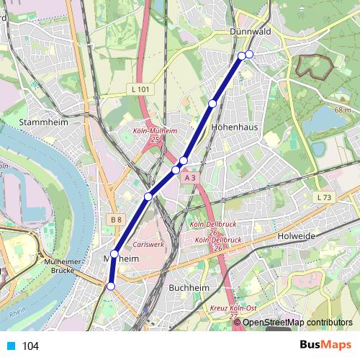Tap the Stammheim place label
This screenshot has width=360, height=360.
pyautogui.click(x=44, y=122)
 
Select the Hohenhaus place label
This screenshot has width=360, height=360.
pyautogui.click(x=231, y=125)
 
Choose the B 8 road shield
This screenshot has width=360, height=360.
pyautogui.click(x=117, y=219)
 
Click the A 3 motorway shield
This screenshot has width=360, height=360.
pyautogui.click(x=189, y=177)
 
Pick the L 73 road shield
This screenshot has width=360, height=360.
pyautogui.click(x=323, y=197)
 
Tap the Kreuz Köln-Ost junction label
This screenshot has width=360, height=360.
pyautogui.click(x=233, y=311)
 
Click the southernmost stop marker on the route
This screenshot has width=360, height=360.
pyautogui.click(x=110, y=287)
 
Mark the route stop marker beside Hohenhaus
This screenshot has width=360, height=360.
pyautogui.click(x=212, y=104)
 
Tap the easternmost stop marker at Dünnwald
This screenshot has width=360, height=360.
pyautogui.click(x=249, y=54)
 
